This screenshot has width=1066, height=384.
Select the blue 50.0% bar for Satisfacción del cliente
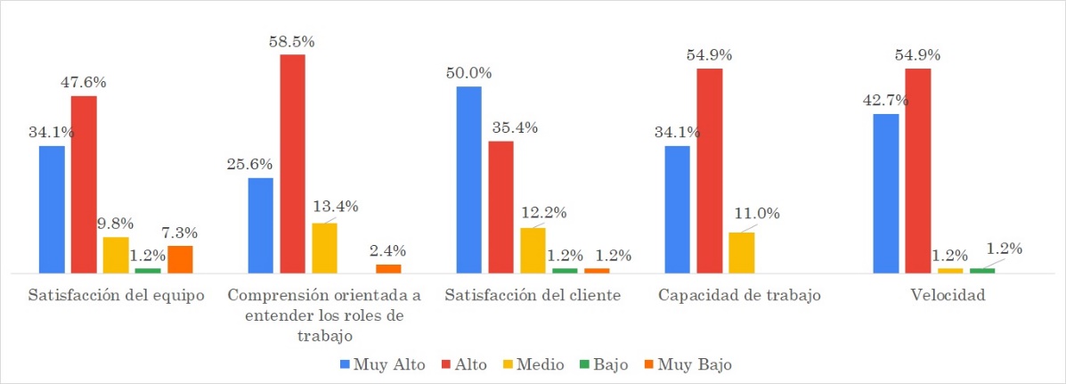468,179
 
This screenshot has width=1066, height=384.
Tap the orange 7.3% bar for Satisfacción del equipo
180,259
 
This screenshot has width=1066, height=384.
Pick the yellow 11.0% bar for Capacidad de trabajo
741,252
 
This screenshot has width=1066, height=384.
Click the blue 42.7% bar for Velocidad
885,192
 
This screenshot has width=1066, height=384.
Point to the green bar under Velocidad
982,270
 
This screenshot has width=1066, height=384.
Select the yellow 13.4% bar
324,248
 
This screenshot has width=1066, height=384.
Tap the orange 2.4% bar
388,268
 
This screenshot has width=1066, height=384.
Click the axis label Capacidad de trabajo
740,296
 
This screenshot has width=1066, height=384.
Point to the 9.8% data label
116,223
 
